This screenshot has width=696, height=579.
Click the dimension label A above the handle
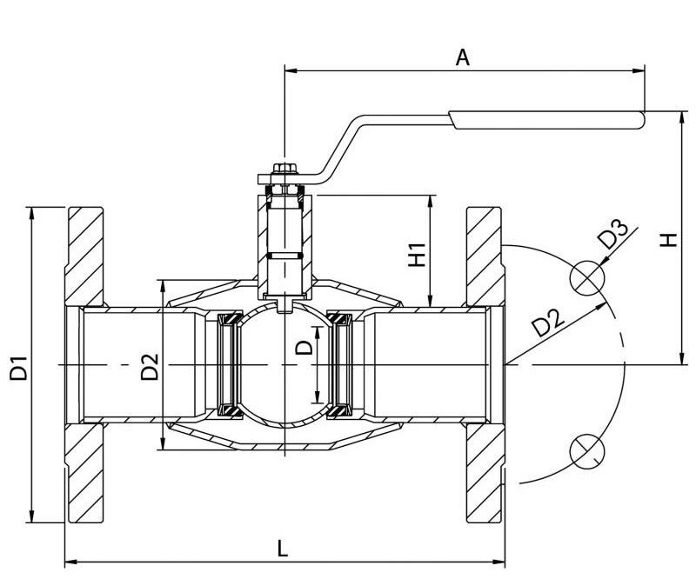(x=463, y=57)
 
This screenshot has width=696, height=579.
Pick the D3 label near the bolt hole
(x=613, y=236)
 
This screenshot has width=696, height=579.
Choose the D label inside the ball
(x=304, y=348)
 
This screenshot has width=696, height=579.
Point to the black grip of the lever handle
(x=545, y=120)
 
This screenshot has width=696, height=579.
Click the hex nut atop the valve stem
(x=284, y=169)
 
